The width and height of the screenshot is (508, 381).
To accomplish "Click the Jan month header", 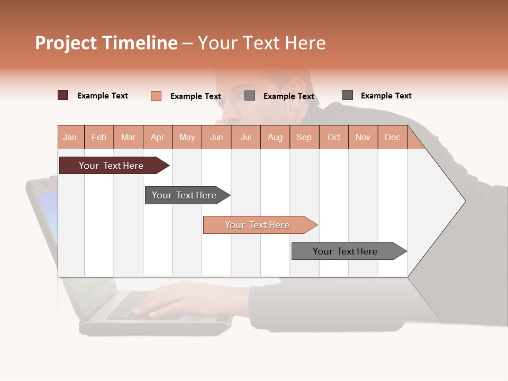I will point(70,137).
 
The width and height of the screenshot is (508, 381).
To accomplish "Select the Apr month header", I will point(157,137).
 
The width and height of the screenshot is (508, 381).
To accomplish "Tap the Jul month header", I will point(246,137).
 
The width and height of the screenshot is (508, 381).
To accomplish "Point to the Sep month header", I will point(304,137).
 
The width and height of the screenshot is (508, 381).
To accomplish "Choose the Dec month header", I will point(392,137).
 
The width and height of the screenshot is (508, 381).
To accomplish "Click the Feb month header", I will point(99,137).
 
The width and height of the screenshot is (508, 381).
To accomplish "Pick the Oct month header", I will point(334,137).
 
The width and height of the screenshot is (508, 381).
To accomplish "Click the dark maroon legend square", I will point(62,95).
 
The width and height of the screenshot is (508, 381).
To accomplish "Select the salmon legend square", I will point(156,96).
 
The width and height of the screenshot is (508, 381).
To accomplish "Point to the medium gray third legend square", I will point(250,96).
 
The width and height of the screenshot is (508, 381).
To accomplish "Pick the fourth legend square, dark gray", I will point(348,95).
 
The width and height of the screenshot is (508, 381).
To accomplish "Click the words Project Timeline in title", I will point(106,43).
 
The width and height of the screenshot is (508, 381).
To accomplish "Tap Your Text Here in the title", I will point(261,43).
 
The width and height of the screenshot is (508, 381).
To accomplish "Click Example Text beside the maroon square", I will point(103,96).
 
